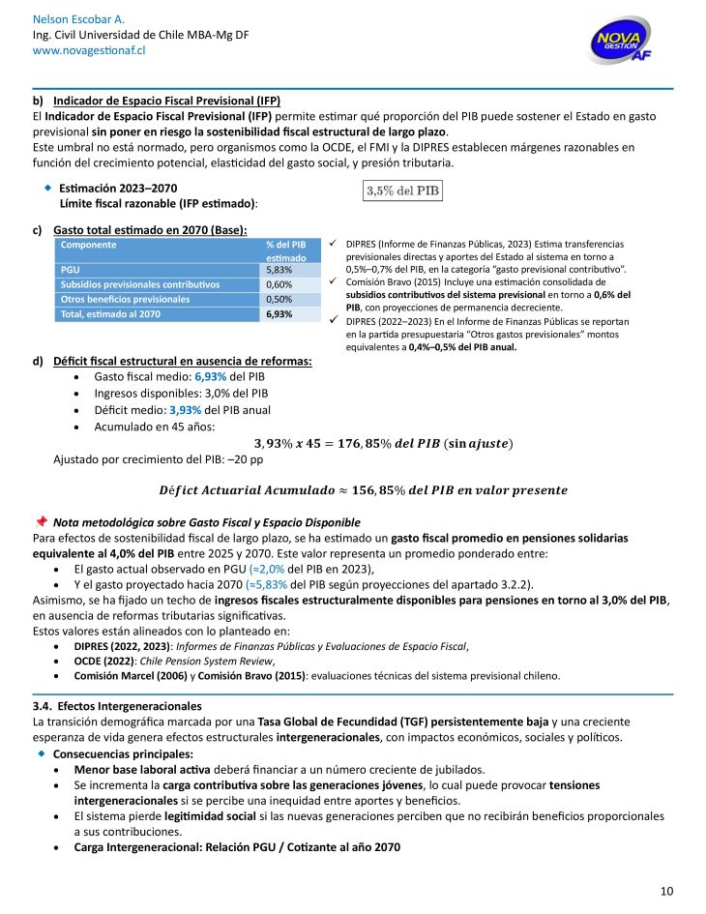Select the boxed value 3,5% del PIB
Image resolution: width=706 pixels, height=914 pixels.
(402, 192)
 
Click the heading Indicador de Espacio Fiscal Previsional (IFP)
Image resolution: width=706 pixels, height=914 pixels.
(166, 101)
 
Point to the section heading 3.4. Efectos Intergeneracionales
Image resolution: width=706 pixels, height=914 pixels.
(117, 707)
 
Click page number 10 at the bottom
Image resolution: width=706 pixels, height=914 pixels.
(666, 891)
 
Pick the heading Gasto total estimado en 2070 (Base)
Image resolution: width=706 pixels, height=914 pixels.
(150, 230)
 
